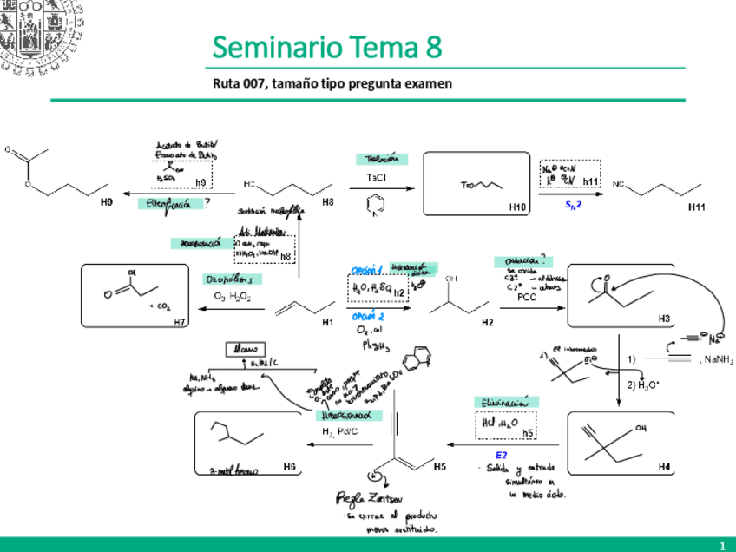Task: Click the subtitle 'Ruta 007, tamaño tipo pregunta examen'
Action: tap(332, 83)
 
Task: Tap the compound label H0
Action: tap(106, 202)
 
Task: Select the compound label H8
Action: tap(328, 202)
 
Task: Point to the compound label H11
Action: tap(696, 207)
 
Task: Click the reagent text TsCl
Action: tap(376, 177)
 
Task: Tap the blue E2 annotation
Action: tap(501, 454)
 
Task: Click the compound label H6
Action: tap(290, 467)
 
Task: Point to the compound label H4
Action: tap(664, 467)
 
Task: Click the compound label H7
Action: tap(181, 323)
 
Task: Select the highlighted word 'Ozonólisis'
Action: tap(229, 279)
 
